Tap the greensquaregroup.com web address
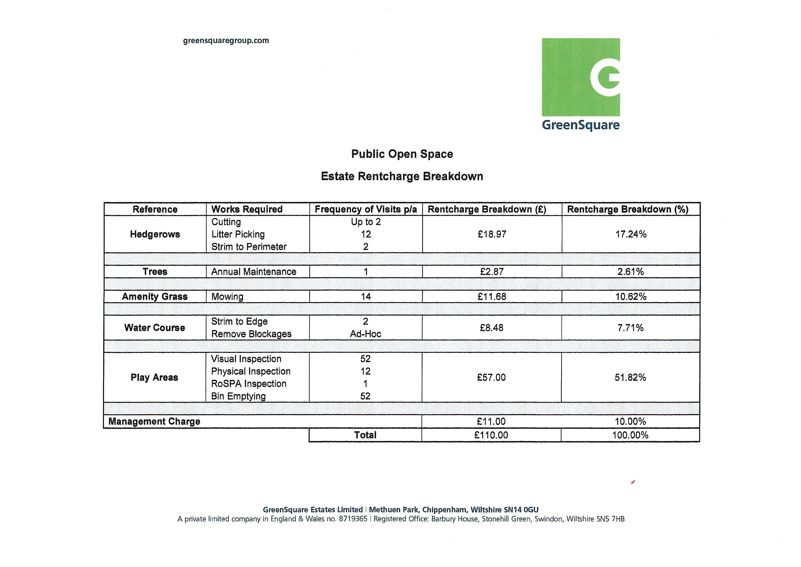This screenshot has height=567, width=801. tap(226, 40)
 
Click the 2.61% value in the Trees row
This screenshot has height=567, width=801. tap(630, 272)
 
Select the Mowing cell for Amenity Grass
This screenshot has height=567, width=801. tap(227, 297)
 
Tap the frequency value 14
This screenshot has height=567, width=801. tap(366, 297)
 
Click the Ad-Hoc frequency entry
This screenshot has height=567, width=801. tap(366, 334)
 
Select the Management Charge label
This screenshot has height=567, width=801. tap(154, 421)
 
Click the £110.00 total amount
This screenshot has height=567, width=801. tap(491, 435)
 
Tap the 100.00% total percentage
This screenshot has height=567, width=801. tap(630, 435)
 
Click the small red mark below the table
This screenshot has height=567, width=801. tap(633, 482)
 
